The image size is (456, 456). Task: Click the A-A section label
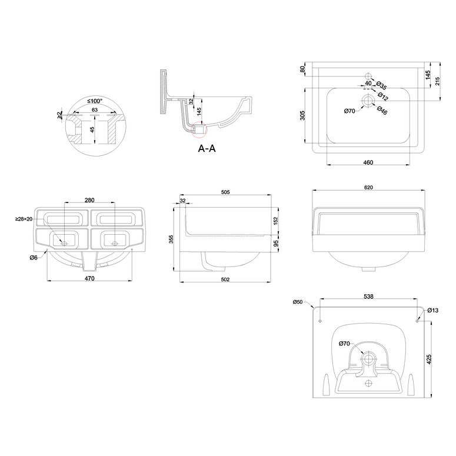[x=207, y=148]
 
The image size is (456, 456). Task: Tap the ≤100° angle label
[x=95, y=101]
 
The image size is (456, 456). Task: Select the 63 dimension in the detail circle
[x=95, y=110]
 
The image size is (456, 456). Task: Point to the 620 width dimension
[x=368, y=188]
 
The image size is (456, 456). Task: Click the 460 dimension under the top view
[x=368, y=162]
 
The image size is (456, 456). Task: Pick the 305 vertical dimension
[x=302, y=115]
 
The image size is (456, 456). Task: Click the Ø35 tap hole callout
[x=381, y=85]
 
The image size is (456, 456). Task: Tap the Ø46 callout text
[x=382, y=110]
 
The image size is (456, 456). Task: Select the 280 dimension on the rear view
[x=89, y=200]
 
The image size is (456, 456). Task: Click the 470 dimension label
[x=89, y=278]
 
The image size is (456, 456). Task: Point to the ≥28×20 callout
[x=24, y=219]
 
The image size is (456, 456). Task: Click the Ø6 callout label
[x=34, y=257]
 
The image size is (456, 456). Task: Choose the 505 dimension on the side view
[x=225, y=192]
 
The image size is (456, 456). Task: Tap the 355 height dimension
[x=171, y=239]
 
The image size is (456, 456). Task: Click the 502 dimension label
[x=225, y=279]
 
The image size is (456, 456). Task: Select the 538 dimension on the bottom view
[x=368, y=297]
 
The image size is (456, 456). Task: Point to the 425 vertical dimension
[x=429, y=359]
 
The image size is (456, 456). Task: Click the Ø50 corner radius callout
[x=298, y=302]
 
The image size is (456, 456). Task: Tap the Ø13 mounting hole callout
[x=433, y=310]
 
